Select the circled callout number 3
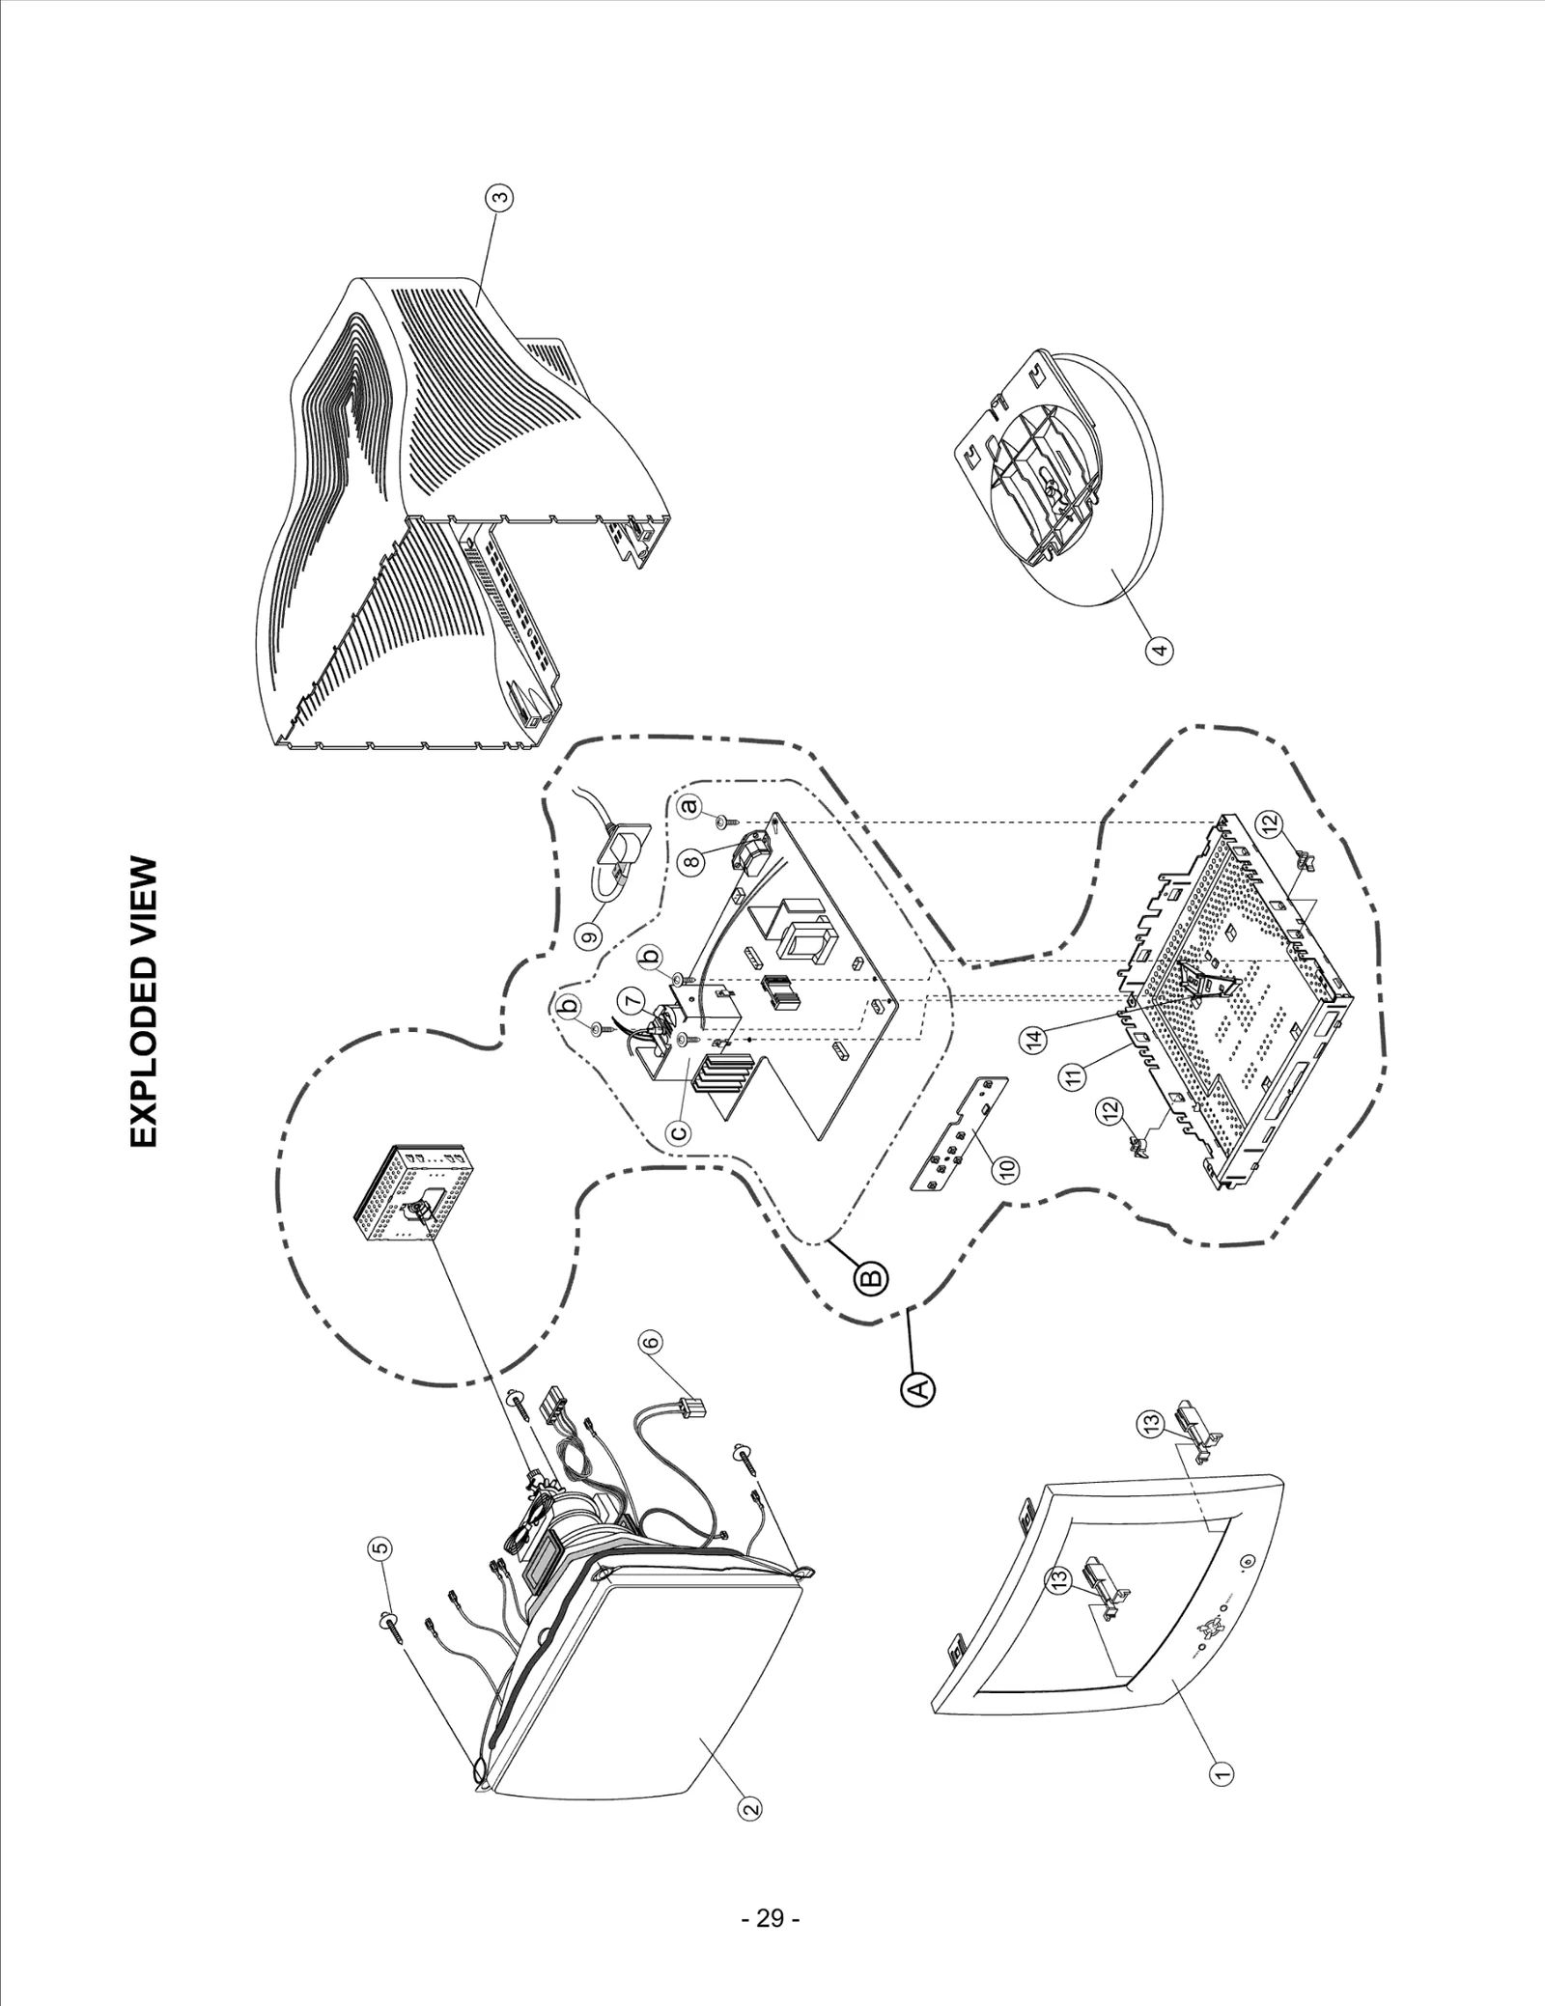pos(499,198)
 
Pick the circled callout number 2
pos(746,1804)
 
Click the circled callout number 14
pos(1035,1040)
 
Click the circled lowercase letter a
pos(689,803)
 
